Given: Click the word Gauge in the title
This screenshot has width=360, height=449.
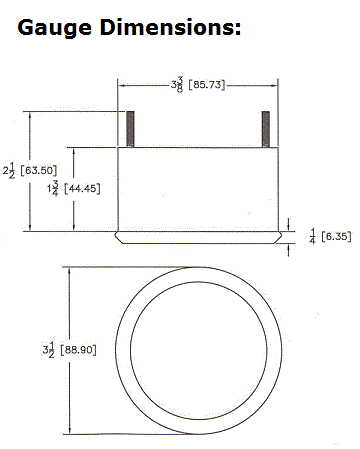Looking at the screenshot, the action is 54,29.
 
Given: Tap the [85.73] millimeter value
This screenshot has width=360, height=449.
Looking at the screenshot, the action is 207,85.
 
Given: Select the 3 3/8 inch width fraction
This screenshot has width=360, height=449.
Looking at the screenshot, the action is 177,85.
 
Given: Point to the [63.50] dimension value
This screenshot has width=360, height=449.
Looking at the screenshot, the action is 39,170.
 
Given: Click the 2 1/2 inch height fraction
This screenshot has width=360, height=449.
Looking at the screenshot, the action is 9,170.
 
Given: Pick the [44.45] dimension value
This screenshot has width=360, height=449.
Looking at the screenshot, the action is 82,189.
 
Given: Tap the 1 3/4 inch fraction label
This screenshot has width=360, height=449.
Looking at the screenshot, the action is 53,189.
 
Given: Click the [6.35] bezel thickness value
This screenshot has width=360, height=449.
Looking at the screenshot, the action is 336,236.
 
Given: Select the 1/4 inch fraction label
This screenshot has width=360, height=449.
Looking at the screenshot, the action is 312,236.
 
